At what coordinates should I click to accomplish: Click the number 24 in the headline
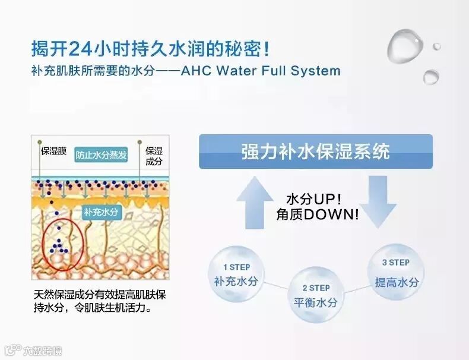point(81,47)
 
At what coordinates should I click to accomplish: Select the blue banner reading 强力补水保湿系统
point(315,151)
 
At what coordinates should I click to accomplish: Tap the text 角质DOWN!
point(317,214)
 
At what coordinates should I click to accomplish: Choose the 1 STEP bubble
point(236,274)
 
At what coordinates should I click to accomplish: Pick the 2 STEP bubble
point(315,295)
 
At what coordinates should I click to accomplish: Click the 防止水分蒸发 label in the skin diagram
point(102,154)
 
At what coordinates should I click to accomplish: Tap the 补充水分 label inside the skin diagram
point(101,211)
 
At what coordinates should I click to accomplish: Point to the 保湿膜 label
point(53,151)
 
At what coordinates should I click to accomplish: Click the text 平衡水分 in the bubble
point(315,302)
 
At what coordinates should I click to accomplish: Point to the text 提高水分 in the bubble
point(396,282)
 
